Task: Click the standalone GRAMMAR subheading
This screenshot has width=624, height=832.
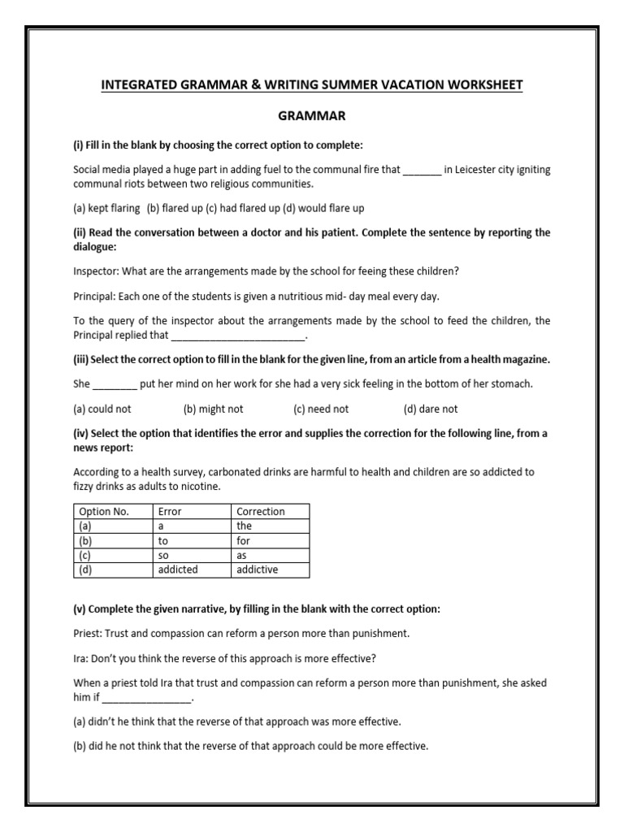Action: tap(312, 116)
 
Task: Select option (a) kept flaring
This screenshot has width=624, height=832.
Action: tap(106, 208)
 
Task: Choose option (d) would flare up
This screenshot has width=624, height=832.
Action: tap(323, 208)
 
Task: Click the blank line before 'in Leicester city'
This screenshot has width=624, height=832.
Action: tap(422, 171)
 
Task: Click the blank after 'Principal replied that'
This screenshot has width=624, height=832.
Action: tap(238, 335)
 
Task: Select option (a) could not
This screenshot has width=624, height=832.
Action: tap(102, 409)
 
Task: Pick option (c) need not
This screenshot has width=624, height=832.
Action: tap(321, 409)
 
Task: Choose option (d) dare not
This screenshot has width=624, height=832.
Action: tap(431, 409)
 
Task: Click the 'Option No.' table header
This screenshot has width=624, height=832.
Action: tap(103, 511)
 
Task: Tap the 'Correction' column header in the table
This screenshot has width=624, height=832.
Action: tap(260, 511)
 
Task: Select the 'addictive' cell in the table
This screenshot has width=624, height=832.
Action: tap(257, 570)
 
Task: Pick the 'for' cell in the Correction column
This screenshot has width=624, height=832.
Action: tap(244, 540)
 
